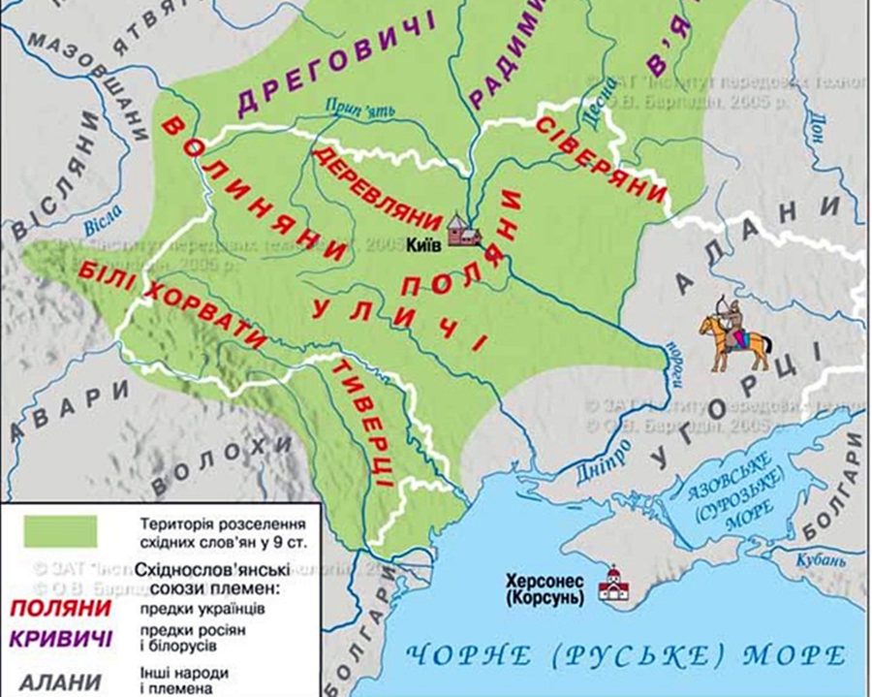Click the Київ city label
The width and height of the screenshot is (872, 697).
point(423,244)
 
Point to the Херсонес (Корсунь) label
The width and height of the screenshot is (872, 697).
point(546,588)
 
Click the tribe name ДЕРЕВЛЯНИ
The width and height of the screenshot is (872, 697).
point(375,187)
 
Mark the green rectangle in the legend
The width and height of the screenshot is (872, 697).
point(61,530)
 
